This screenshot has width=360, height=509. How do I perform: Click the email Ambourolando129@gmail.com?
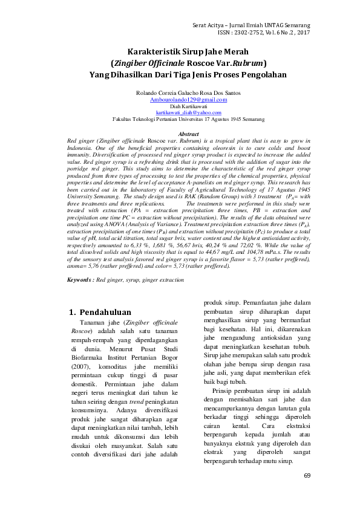(184, 99)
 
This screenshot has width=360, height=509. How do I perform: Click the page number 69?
(307, 475)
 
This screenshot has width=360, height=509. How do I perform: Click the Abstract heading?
(189, 134)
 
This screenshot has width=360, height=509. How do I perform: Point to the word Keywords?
(79, 280)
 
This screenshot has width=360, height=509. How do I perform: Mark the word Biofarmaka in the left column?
(88, 358)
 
